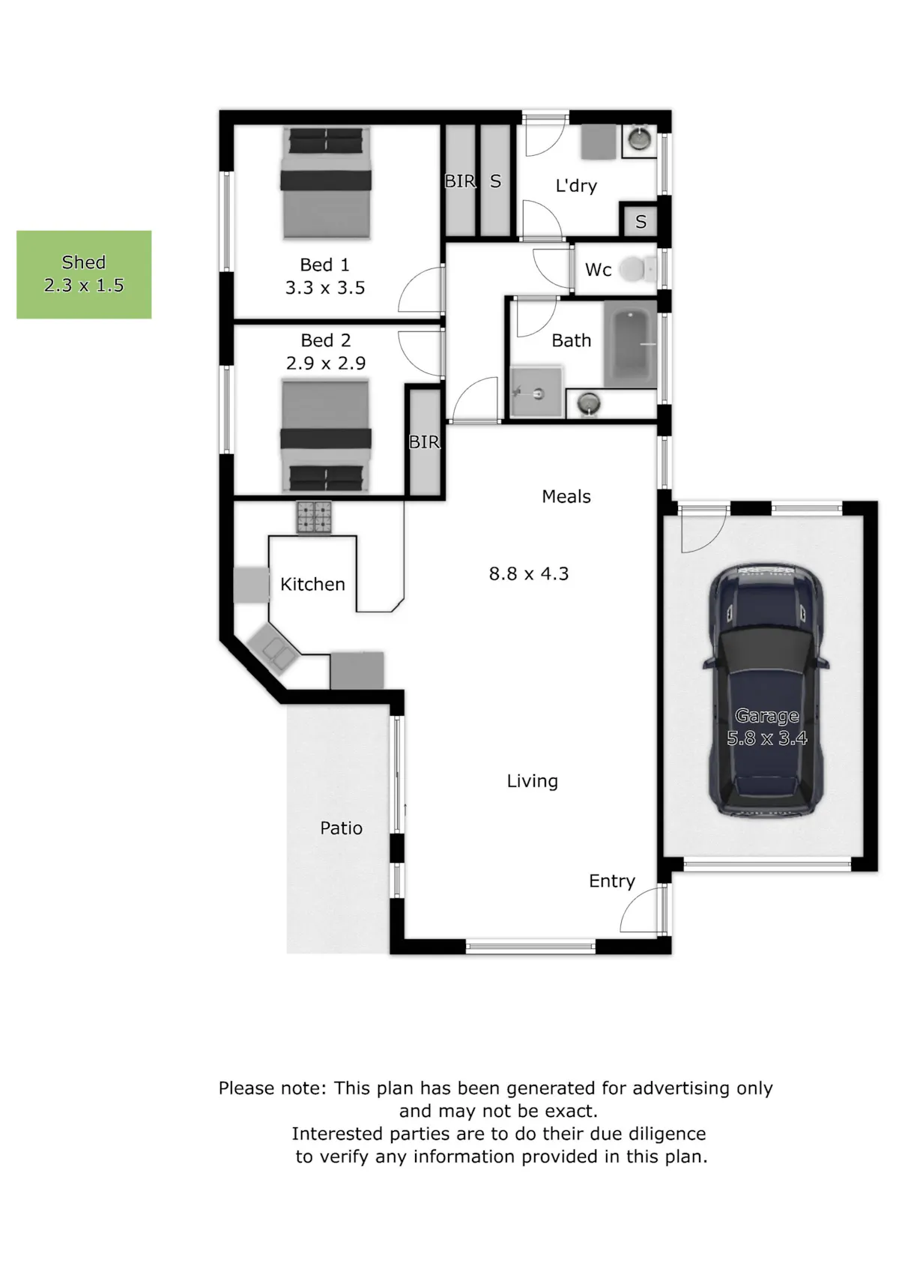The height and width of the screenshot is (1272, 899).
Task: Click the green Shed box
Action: click(x=83, y=274)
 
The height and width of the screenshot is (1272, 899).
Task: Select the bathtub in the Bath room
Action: click(x=630, y=344)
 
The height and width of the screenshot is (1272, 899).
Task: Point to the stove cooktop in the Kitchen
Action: click(x=314, y=517)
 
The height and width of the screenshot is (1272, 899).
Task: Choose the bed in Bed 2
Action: click(x=326, y=436)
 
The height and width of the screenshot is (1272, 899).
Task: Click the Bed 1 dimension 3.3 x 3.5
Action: click(x=325, y=288)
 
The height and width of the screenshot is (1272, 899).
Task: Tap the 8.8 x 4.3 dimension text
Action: click(x=529, y=573)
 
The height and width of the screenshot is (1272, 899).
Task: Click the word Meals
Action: click(x=566, y=496)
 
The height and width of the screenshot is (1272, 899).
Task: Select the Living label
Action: click(x=533, y=781)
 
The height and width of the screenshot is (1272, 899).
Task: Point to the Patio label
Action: click(x=341, y=828)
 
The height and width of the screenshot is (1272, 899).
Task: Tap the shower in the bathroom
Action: click(x=536, y=392)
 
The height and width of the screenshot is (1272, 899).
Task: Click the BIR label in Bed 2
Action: click(x=425, y=441)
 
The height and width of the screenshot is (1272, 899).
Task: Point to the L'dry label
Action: click(x=576, y=186)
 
